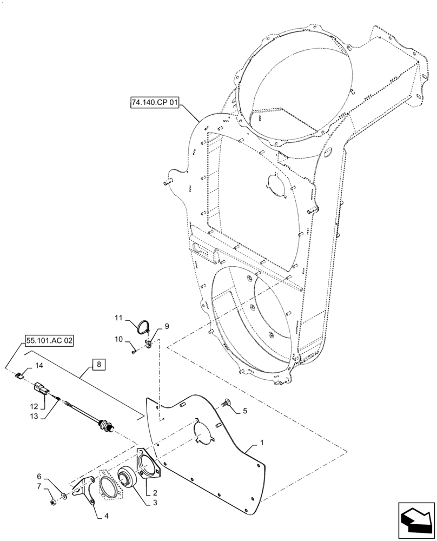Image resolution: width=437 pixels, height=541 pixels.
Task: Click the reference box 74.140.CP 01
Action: [x=154, y=102]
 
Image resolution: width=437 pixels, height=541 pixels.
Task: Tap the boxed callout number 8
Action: [x=98, y=365]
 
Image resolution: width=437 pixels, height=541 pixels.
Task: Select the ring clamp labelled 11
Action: [x=143, y=326]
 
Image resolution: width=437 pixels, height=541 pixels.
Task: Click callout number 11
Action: [x=119, y=318]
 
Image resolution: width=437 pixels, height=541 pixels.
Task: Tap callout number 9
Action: [x=167, y=326]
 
